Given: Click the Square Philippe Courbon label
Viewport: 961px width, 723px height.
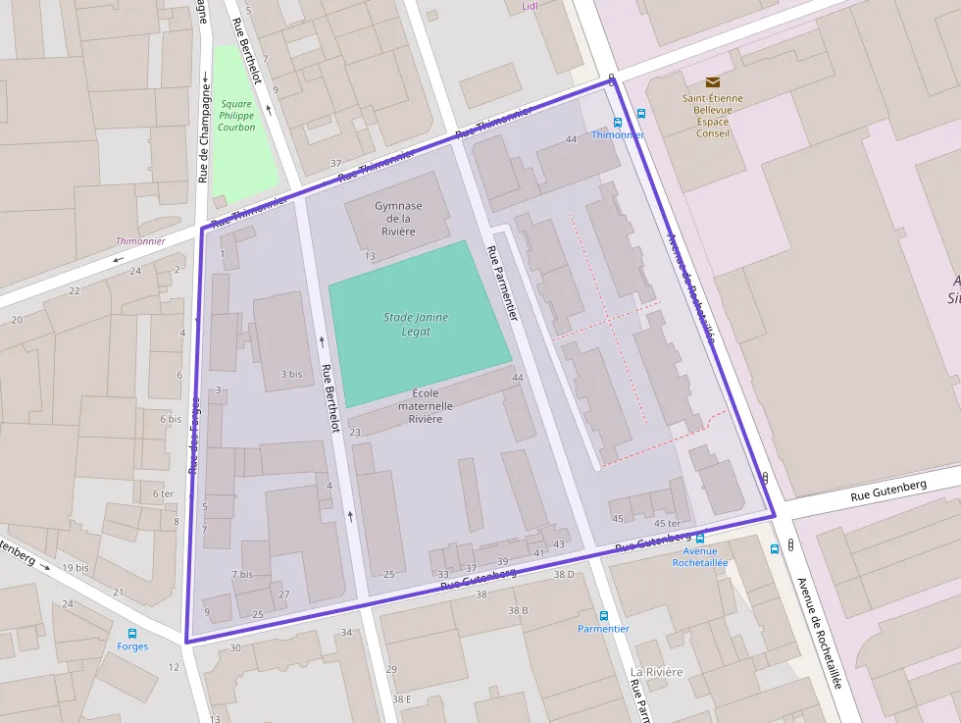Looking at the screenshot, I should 236,115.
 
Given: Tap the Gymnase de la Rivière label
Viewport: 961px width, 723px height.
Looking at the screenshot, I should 398,218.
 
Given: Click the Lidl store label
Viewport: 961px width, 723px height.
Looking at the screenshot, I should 531,6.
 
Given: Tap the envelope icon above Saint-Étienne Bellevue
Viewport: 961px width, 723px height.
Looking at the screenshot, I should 713,83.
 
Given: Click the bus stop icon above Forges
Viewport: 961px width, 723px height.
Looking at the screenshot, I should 132,633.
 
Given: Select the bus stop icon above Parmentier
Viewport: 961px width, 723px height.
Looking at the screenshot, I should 603,615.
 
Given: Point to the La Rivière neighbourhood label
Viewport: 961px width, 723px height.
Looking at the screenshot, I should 656,672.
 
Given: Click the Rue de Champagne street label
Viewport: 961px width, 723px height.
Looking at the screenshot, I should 204,131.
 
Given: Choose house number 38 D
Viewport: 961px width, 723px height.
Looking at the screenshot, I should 564,574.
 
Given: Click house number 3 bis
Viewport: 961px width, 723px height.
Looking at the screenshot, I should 291,374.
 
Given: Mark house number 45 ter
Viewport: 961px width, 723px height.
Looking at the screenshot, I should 667,523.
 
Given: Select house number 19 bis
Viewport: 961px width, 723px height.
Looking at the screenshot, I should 75,567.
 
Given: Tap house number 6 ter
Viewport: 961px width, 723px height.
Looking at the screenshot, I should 163,493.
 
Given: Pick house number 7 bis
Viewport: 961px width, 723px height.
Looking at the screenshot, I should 242,574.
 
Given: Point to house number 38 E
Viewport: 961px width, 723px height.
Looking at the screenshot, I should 401,698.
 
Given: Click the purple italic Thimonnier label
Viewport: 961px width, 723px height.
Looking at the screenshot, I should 140,240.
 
